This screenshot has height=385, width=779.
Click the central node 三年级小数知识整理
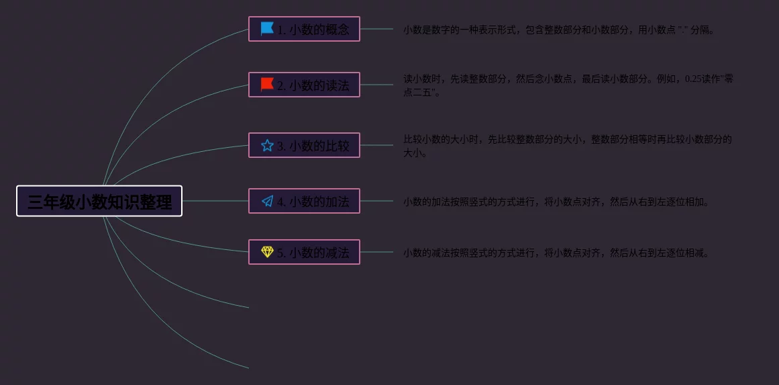pyautogui.click(x=99, y=201)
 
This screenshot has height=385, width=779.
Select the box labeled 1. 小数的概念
pyautogui.click(x=304, y=29)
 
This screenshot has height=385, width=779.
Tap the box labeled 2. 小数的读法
pyautogui.click(x=304, y=85)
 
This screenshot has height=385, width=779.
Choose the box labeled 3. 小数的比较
pyautogui.click(x=304, y=145)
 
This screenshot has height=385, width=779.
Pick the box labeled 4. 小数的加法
pyautogui.click(x=304, y=201)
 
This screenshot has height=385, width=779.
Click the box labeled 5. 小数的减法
pyautogui.click(x=304, y=252)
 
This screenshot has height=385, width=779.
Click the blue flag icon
pyautogui.click(x=267, y=29)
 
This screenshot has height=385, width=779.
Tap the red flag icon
pyautogui.click(x=267, y=85)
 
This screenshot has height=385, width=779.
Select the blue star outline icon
pyautogui.click(x=267, y=145)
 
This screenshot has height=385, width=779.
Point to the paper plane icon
pyautogui.click(x=267, y=201)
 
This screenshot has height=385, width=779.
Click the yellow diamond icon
pyautogui.click(x=267, y=252)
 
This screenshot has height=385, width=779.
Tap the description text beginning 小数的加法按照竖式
pyautogui.click(x=556, y=202)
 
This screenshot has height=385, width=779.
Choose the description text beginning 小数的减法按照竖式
pyautogui.click(x=556, y=253)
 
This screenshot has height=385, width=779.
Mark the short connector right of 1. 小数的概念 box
pyautogui.click(x=376, y=29)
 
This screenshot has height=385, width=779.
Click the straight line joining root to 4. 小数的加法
pyautogui.click(x=215, y=201)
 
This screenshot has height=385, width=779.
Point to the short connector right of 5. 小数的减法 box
pyautogui.click(x=376, y=252)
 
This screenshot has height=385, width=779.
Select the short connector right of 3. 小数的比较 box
pyautogui.click(x=376, y=145)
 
